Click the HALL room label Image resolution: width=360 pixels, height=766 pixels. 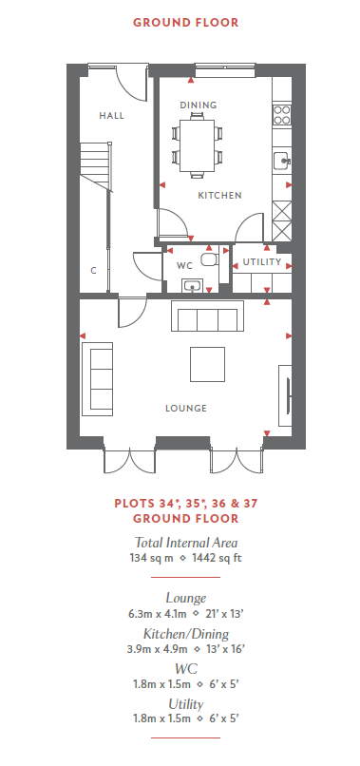(x=111, y=116)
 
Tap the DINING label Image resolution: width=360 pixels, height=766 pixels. (x=198, y=105)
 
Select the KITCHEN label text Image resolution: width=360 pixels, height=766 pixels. (x=219, y=196)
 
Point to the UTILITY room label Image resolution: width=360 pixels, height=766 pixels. (x=262, y=262)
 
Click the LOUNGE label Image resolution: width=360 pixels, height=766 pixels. (x=185, y=409)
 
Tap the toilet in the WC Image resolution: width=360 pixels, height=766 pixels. (x=209, y=259)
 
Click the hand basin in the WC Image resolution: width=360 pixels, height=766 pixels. (x=193, y=286)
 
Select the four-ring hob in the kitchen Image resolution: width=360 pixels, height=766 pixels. (x=281, y=115)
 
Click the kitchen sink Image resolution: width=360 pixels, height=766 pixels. (x=281, y=160)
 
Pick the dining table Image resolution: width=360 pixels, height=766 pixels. (x=197, y=145)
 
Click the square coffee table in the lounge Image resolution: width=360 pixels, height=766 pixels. (x=208, y=364)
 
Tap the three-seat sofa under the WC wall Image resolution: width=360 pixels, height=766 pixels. (x=207, y=316)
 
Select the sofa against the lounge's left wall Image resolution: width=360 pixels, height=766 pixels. (x=97, y=379)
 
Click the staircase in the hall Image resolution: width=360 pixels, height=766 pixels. (x=95, y=165)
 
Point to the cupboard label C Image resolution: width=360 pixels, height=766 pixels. (x=93, y=270)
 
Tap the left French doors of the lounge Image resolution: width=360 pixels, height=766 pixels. (x=129, y=461)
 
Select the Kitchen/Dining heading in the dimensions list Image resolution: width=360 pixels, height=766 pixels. (x=185, y=634)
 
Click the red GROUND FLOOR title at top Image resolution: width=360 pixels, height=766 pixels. (x=185, y=23)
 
